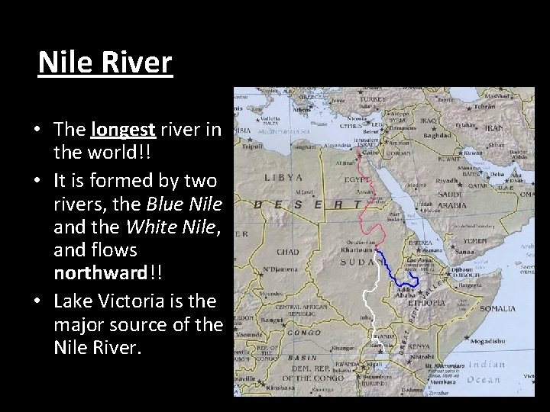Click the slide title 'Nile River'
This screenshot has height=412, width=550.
[105, 63]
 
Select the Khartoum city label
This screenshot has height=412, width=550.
[357, 249]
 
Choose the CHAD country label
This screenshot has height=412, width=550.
[286, 252]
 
